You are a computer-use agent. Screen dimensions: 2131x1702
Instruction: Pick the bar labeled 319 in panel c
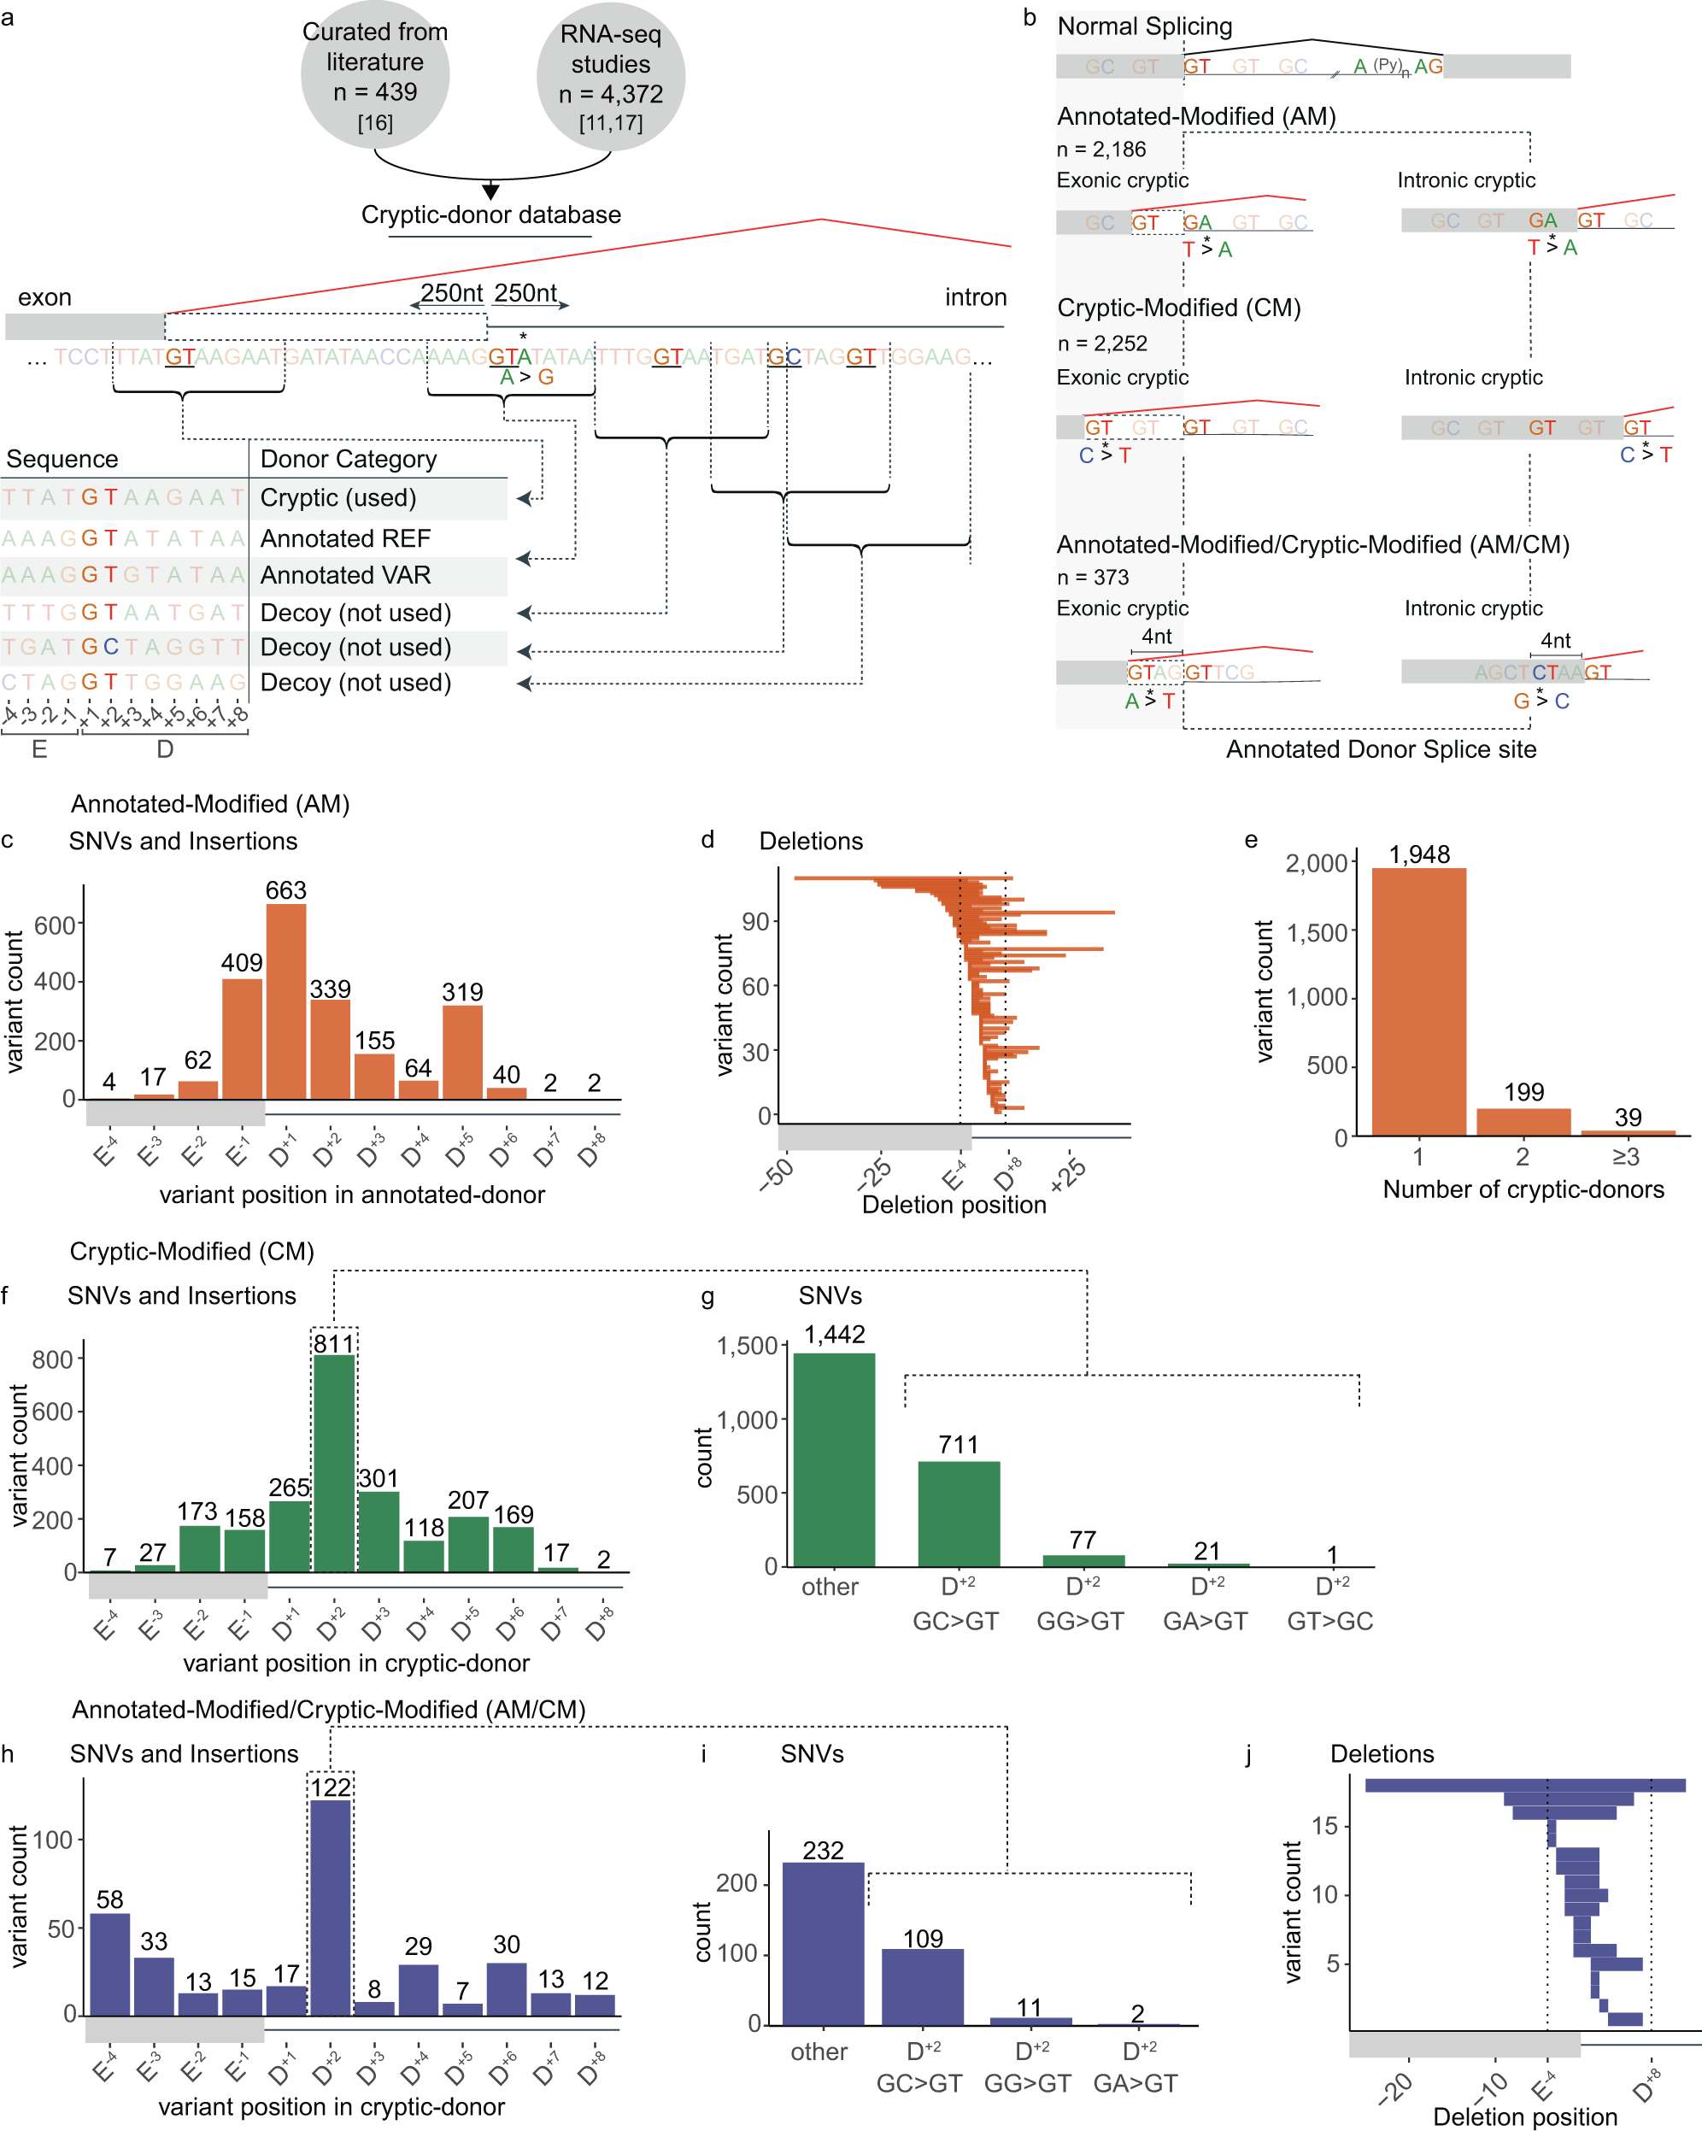coord(462,1052)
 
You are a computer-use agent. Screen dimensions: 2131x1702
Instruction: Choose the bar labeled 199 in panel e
coord(1523,1122)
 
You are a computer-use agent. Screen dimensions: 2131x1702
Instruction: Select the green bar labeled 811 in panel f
coord(334,1463)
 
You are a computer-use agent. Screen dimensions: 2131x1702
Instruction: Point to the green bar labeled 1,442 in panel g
coord(834,1459)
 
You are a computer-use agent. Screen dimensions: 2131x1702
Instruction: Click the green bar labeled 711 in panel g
coord(959,1513)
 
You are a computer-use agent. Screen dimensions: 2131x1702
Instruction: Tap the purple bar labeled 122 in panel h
coord(330,1908)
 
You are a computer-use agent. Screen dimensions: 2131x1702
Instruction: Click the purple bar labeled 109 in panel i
coord(922,1987)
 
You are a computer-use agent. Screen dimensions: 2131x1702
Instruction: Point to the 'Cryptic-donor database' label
coord(490,215)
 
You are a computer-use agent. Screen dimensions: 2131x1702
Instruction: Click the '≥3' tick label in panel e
coord(1626,1156)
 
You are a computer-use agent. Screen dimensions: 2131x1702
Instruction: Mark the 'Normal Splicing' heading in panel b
coord(1145,26)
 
